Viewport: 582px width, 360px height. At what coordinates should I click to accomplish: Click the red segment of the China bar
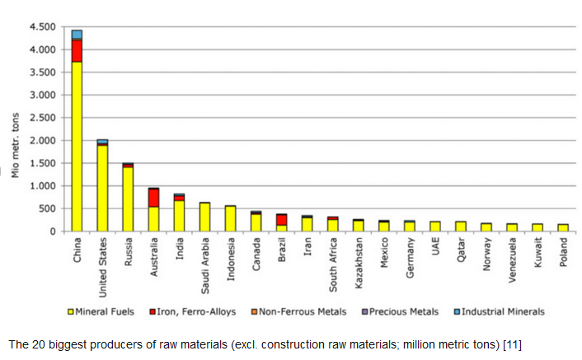tap(77, 50)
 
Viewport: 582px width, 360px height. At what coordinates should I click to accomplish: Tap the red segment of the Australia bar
tap(153, 198)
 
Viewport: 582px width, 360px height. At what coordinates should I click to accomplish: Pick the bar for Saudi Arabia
tap(204, 217)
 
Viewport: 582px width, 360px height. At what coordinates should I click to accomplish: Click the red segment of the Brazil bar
tap(281, 220)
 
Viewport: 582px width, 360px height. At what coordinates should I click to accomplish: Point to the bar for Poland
tap(562, 227)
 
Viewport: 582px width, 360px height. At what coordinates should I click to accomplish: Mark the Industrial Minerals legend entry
tap(499, 312)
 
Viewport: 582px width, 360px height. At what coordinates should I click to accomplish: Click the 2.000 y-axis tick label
tap(41, 141)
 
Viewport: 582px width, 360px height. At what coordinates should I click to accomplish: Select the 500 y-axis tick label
tap(46, 209)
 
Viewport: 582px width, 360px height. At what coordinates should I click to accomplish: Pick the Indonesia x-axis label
tap(231, 259)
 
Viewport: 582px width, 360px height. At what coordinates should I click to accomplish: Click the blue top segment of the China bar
tap(77, 34)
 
